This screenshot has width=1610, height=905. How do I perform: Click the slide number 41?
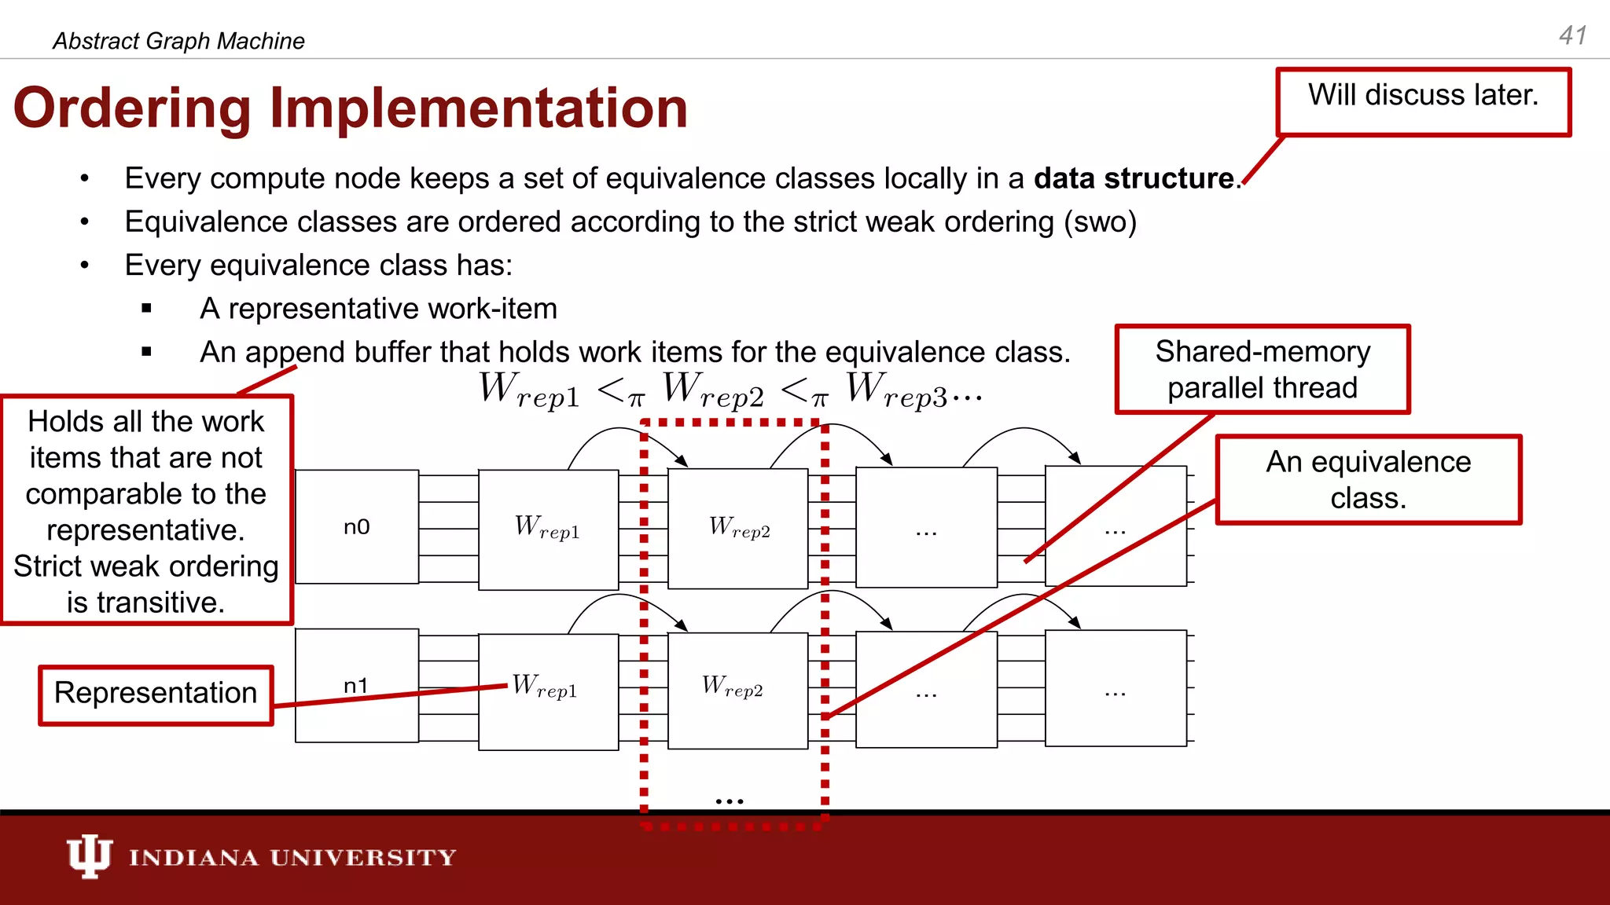pos(1573,35)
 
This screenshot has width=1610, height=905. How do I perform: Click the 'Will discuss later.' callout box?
pos(1423,102)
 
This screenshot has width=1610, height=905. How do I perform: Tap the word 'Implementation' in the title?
pos(478,108)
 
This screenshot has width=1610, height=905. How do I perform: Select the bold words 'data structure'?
pos(1134,178)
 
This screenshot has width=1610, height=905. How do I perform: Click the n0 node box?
pos(356,527)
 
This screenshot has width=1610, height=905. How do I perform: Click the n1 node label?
pos(356,686)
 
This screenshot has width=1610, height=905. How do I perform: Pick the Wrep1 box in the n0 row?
pos(548,529)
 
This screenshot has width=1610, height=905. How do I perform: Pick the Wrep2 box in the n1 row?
pos(737,690)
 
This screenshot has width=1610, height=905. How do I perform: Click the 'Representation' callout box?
pos(156,695)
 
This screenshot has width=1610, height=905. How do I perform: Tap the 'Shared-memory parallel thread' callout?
pos(1263,369)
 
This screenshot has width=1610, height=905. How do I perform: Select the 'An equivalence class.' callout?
pos(1368,479)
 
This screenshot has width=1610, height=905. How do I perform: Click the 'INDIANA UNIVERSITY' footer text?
pos(292,857)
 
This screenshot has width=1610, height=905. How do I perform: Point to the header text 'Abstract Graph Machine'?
pos(178,41)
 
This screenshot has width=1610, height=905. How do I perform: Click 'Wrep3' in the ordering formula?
pos(896,390)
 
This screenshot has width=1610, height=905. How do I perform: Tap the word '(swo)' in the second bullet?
pos(1100,222)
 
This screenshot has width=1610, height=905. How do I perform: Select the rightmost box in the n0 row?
pos(1115,526)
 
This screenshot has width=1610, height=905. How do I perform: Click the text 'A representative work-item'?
pos(378,309)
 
